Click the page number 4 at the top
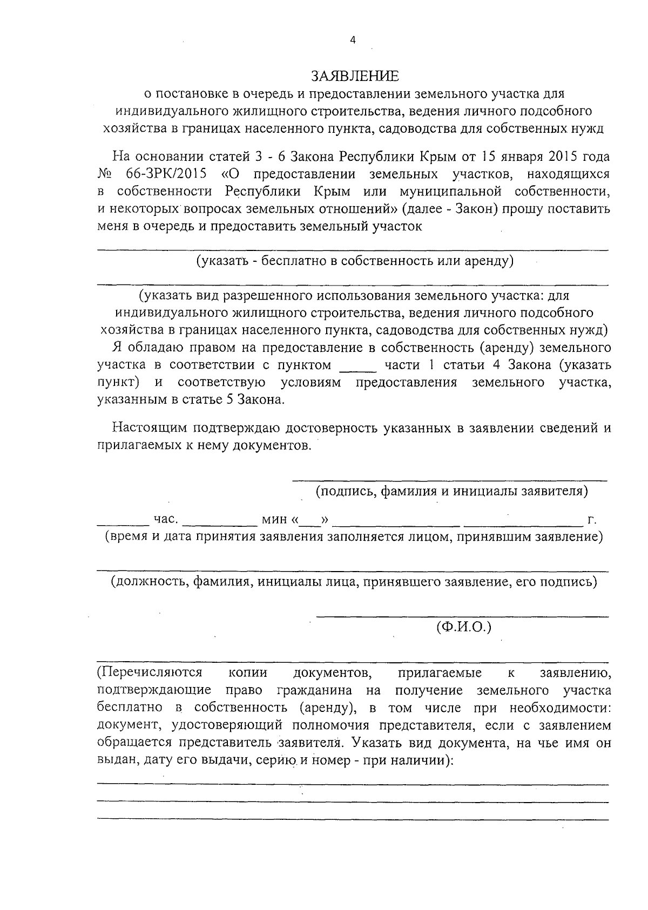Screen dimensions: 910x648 [353, 40]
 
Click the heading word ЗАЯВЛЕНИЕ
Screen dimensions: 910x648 [355, 75]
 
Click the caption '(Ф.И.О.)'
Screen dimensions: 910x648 [463, 627]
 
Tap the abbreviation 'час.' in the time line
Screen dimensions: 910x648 [166, 519]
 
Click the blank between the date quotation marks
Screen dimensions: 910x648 [310, 521]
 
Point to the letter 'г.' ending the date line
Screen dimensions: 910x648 [592, 520]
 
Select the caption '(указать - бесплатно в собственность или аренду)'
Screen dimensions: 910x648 [354, 262]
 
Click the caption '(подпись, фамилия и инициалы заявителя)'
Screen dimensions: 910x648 [451, 491]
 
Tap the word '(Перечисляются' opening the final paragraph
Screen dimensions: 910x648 [150, 673]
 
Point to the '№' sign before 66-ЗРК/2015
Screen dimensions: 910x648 [104, 174]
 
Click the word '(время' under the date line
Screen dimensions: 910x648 [123, 537]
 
